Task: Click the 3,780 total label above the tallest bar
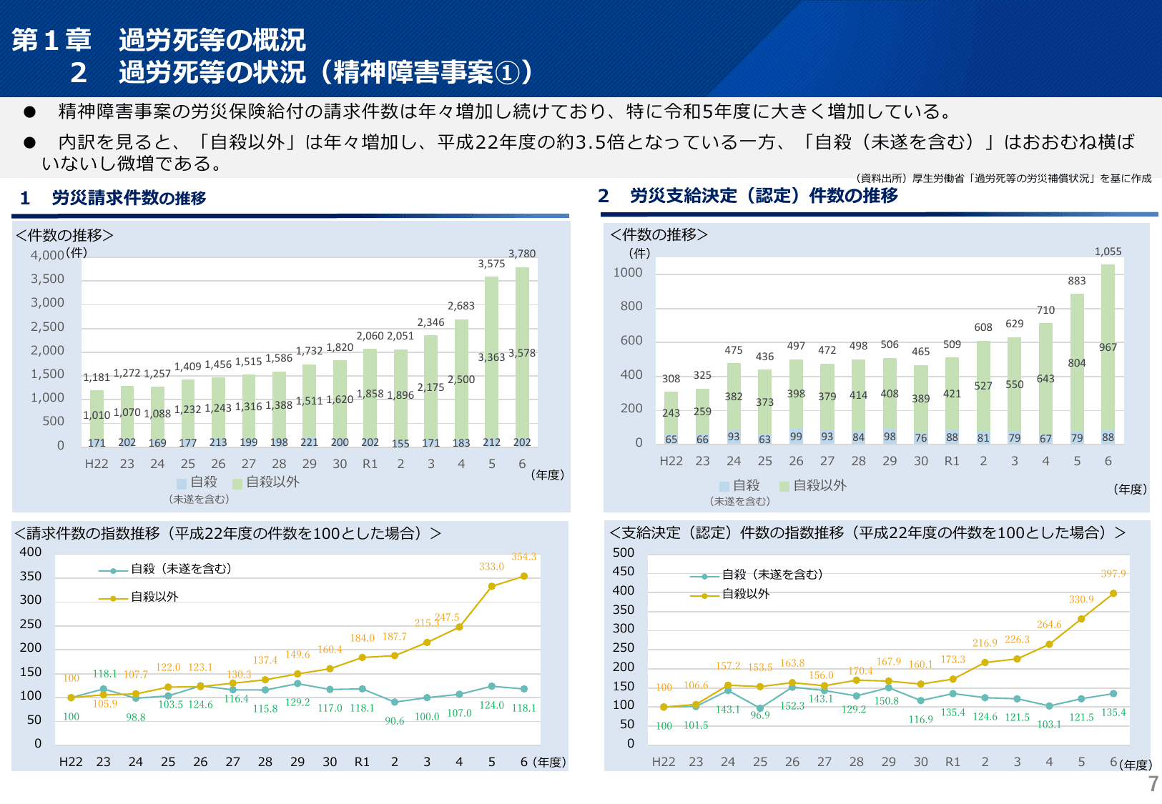(522, 254)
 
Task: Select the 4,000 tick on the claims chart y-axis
(47, 255)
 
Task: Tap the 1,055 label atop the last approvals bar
(1108, 252)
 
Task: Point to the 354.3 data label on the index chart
(523, 557)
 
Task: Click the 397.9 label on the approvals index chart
(1113, 574)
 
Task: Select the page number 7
(1153, 784)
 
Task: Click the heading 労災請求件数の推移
(129, 198)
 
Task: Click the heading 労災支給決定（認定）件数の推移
(764, 195)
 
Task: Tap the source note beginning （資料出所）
(1003, 179)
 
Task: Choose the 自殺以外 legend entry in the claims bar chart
(266, 482)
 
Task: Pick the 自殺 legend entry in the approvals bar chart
(740, 486)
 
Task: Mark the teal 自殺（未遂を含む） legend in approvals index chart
(758, 575)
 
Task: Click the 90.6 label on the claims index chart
(395, 720)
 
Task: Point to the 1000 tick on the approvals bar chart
(628, 272)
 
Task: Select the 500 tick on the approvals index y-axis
(623, 552)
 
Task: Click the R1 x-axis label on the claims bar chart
(370, 464)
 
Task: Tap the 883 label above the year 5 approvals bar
(1077, 281)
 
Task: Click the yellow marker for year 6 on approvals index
(1113, 593)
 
